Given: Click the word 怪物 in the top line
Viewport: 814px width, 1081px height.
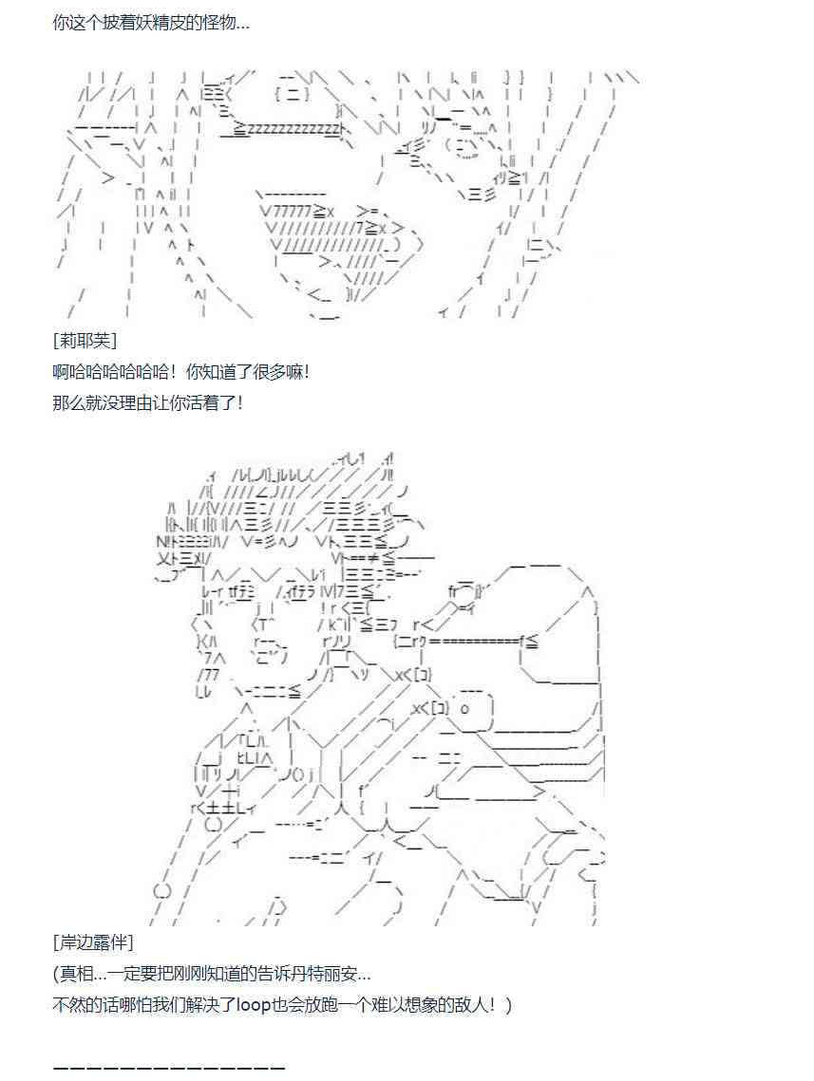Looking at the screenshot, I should pyautogui.click(x=218, y=22).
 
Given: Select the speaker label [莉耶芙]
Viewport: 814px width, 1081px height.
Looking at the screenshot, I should pyautogui.click(x=85, y=341).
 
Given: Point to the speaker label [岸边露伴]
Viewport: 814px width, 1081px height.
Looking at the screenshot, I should pyautogui.click(x=94, y=942).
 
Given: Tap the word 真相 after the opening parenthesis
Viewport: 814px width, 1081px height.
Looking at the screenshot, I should pyautogui.click(x=76, y=974).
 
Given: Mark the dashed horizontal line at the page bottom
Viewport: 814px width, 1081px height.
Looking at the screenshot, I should pyautogui.click(x=169, y=1067).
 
